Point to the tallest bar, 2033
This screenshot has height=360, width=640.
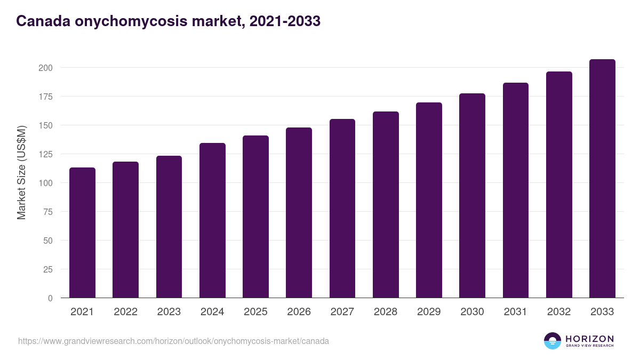pos(602,178)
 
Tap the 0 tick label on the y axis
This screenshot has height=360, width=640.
pos(50,298)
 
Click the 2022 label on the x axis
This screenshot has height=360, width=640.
pos(125,312)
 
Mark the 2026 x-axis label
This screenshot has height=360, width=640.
pos(299,312)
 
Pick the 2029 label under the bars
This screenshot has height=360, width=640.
pos(429,312)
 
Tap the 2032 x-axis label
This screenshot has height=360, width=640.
pos(559,312)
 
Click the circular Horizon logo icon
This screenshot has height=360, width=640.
pos(552,341)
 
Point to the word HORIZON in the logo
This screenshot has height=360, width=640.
pos(589,338)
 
